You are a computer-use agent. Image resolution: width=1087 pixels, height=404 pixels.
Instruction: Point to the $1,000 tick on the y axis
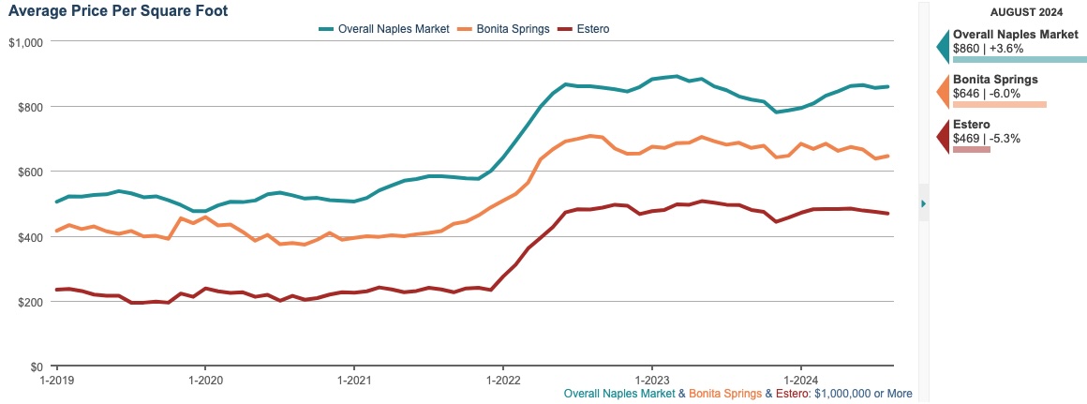coord(26,42)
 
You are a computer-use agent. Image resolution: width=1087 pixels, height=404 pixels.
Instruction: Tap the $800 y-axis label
coord(31,107)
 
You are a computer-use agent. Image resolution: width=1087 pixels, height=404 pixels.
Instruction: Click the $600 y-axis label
coord(31,172)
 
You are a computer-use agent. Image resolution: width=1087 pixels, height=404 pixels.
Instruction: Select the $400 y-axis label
coord(31,237)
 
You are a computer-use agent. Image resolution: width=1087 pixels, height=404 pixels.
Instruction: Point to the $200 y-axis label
coord(31,302)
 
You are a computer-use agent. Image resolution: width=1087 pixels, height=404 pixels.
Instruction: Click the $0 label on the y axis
coord(37,367)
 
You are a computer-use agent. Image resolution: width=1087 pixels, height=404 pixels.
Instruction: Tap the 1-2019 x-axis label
coord(56,382)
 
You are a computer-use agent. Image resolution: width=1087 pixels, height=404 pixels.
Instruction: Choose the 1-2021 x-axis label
coord(353,382)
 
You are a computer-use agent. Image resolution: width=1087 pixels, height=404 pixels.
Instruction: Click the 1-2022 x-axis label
coord(502,382)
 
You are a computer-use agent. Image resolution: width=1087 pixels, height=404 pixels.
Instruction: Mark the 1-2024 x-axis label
coord(800,382)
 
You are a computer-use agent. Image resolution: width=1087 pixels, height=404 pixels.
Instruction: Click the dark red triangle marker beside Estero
coord(943,137)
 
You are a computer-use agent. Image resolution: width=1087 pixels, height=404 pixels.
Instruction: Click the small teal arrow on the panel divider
coord(924,202)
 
